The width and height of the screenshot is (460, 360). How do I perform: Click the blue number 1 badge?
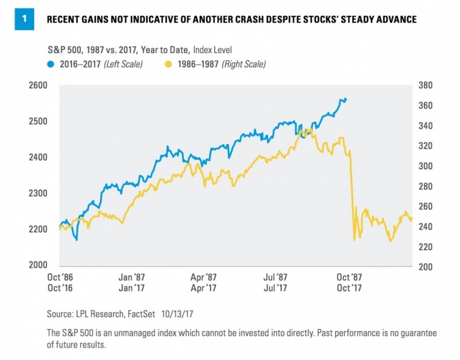(x=24, y=19)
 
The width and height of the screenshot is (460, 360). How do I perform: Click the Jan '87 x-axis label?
(x=132, y=277)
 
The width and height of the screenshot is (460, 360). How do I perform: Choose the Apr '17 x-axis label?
(x=204, y=288)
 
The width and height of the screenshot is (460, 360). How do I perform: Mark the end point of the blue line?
(x=346, y=99)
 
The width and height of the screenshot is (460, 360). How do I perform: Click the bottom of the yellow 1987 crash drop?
(x=354, y=240)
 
